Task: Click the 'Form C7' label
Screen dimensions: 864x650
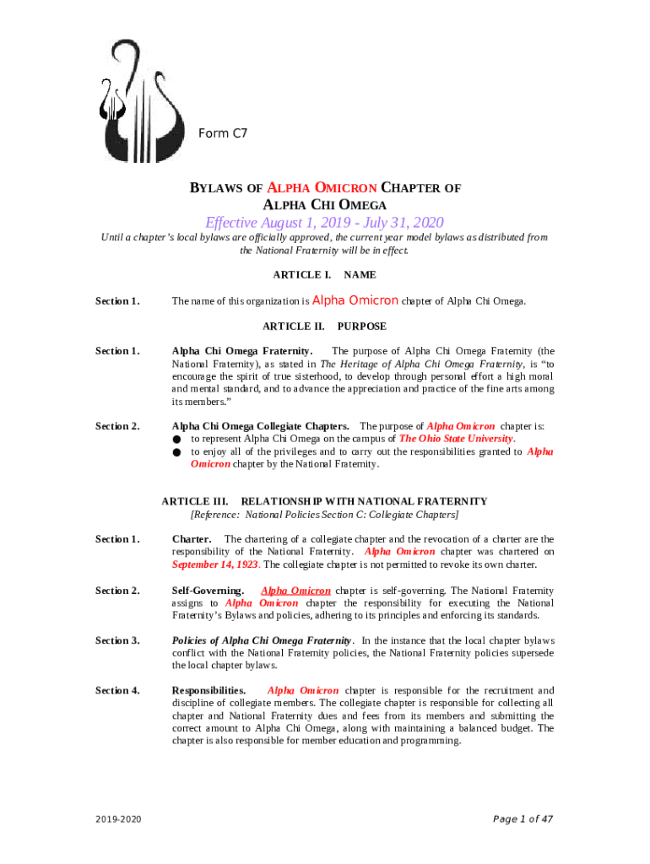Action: point(222,133)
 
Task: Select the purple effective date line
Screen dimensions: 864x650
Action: point(324,223)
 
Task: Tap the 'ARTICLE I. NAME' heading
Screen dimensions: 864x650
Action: point(324,275)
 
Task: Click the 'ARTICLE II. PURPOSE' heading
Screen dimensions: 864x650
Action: point(324,326)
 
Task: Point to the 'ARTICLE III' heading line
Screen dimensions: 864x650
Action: point(324,501)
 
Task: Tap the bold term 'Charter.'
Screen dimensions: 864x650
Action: point(192,539)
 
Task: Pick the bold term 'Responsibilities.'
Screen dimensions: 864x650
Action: point(209,690)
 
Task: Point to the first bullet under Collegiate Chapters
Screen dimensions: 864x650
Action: point(177,440)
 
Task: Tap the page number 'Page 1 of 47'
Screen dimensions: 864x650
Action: point(523,818)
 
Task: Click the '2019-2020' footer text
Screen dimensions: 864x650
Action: point(119,819)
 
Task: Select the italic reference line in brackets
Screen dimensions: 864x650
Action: point(324,514)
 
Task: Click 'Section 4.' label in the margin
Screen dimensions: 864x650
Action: point(117,690)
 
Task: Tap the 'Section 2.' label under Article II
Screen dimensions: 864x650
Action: point(117,426)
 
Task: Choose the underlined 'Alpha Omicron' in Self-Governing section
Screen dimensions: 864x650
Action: point(295,591)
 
